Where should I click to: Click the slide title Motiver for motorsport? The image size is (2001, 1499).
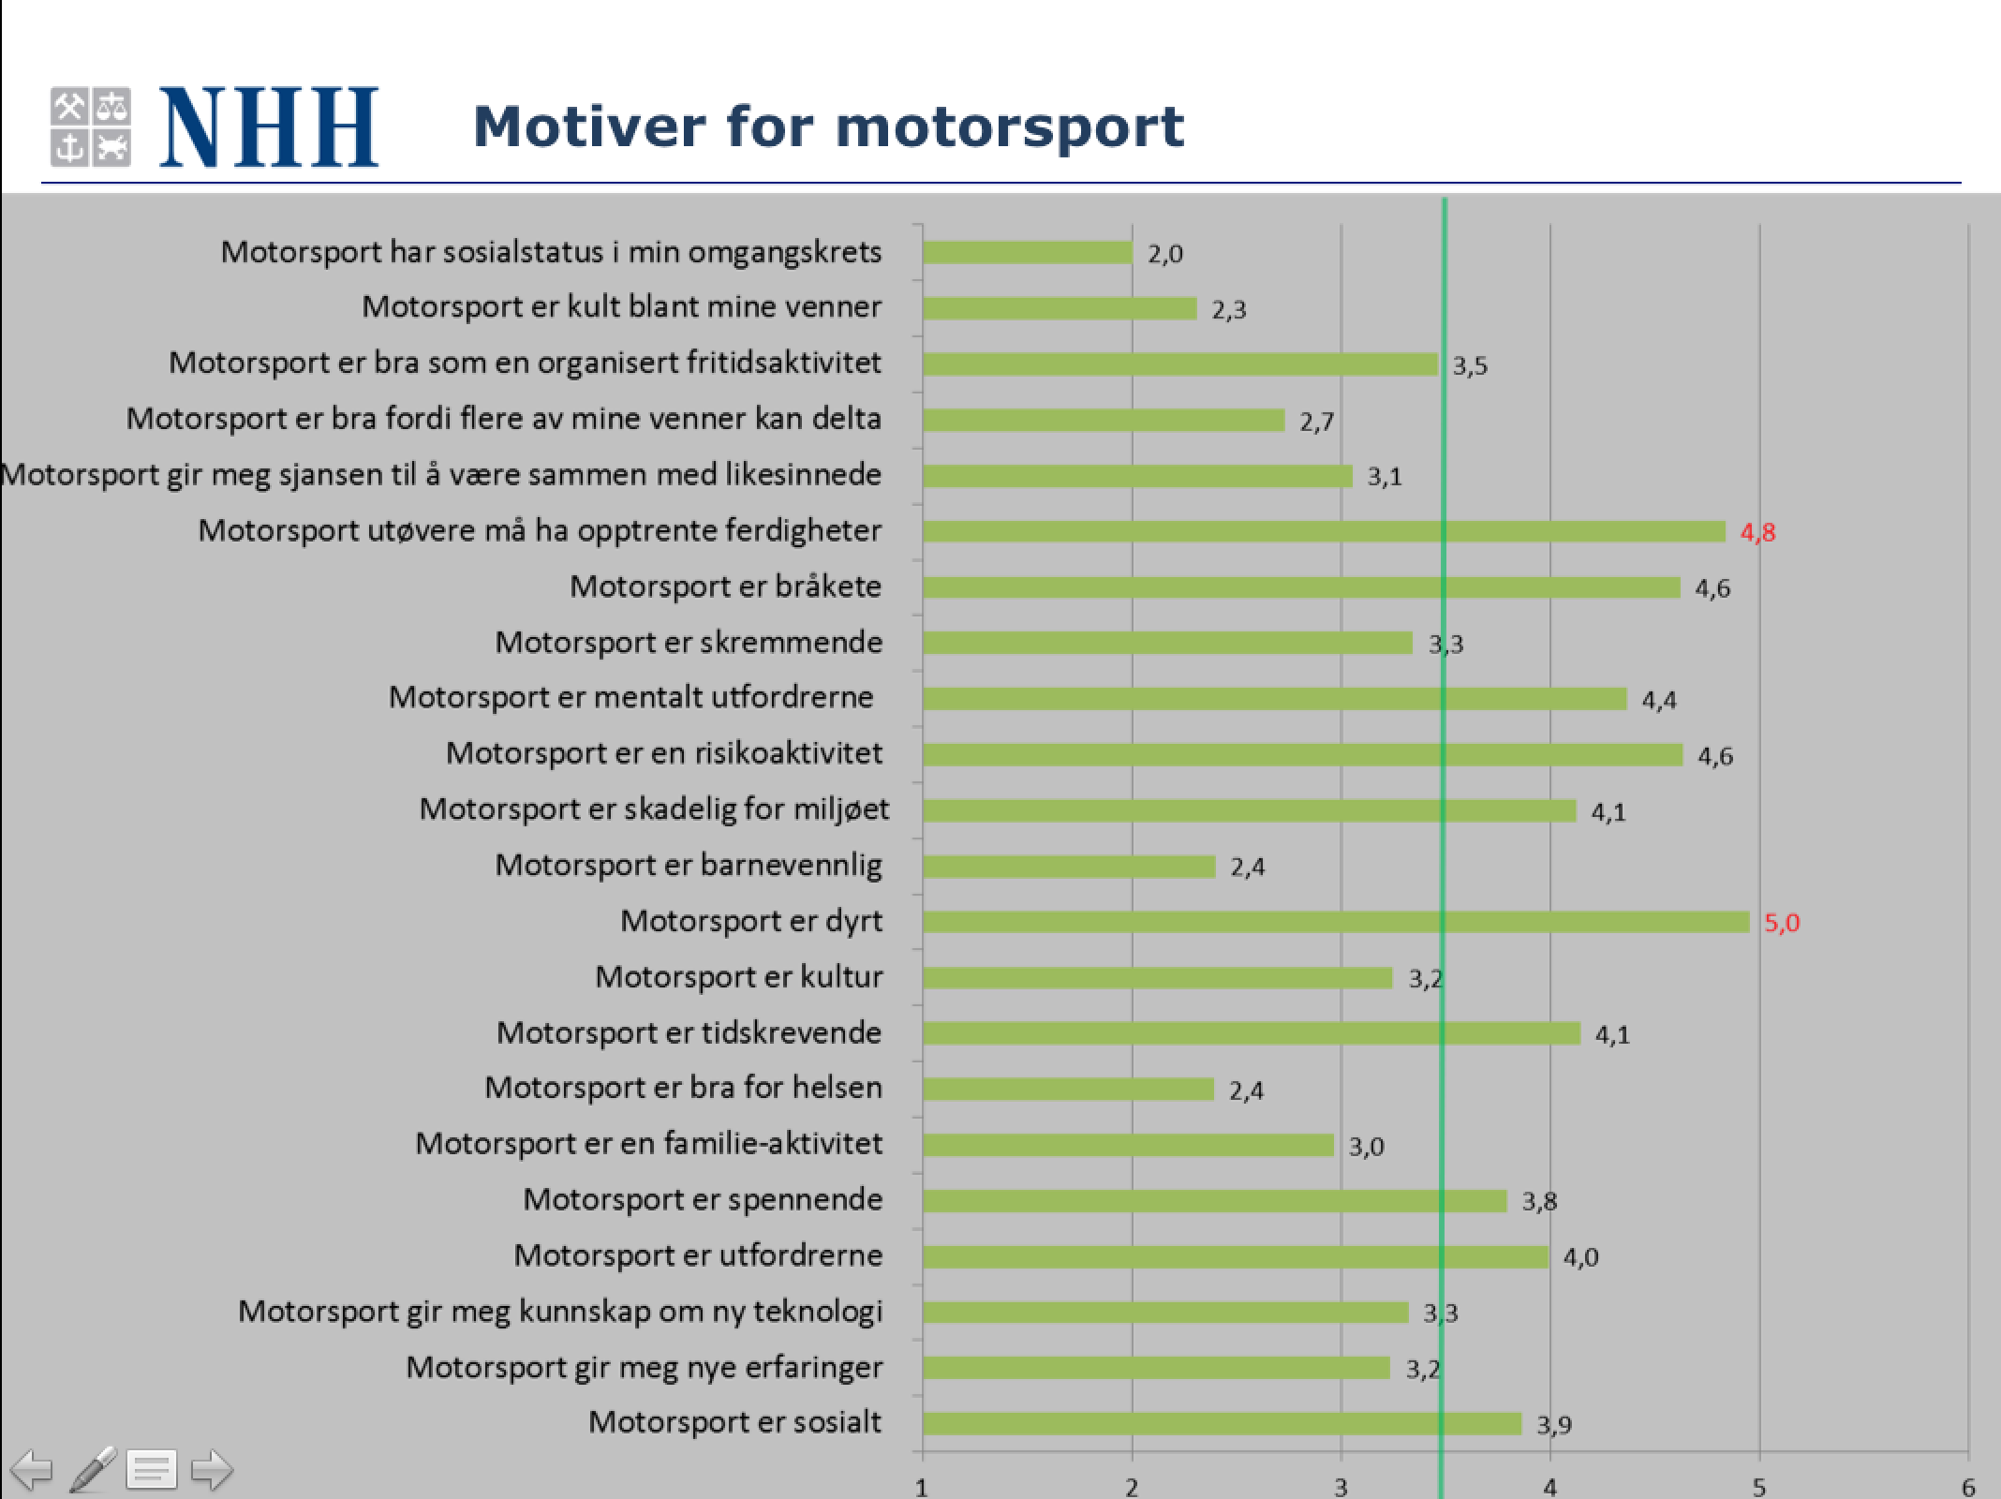click(828, 126)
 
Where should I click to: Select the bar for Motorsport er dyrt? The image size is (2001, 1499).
click(1335, 922)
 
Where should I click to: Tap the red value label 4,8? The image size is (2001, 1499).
click(1757, 532)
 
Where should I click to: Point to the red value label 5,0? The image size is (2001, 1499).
click(1782, 923)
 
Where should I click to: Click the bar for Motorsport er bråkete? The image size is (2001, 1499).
click(1301, 587)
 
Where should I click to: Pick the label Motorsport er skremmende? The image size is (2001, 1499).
click(689, 643)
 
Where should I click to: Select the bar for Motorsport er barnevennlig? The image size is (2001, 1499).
click(1069, 867)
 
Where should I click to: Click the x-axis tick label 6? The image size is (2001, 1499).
click(1968, 1487)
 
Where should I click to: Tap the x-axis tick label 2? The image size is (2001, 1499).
click(1132, 1487)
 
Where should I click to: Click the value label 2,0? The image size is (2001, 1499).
click(1165, 254)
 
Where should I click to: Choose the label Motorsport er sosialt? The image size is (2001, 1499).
click(734, 1422)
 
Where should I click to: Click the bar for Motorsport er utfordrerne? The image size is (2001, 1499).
click(1235, 1256)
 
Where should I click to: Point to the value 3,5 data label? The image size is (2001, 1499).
click(1470, 365)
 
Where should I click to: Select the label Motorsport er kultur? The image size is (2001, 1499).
click(738, 977)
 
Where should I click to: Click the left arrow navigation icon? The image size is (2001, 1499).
click(32, 1469)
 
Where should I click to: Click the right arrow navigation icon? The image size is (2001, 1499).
click(212, 1469)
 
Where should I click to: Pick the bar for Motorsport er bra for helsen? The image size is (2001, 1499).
click(1068, 1089)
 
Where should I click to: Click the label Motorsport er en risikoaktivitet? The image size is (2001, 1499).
click(663, 753)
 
